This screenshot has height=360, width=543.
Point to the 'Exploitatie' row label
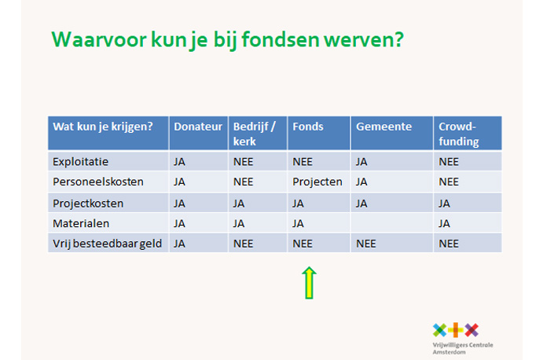pos(80,162)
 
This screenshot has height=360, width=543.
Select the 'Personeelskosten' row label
pos(98,182)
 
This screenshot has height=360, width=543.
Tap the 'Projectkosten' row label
pos(88,204)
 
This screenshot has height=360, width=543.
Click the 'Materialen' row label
pos(81,223)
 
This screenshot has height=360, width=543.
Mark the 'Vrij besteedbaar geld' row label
pos(107,244)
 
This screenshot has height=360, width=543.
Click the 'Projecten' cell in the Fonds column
pos(317,182)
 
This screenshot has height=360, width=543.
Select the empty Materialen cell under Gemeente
pos(391,222)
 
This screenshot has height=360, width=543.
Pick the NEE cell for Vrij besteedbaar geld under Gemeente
pos(365,244)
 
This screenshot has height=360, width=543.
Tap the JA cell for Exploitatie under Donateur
pos(179,162)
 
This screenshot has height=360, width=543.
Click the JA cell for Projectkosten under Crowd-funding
pos(444,204)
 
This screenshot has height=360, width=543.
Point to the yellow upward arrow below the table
pos(309,283)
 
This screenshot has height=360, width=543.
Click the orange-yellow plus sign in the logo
pos(456,330)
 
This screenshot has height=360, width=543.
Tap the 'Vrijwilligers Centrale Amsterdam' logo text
pos(463,348)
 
